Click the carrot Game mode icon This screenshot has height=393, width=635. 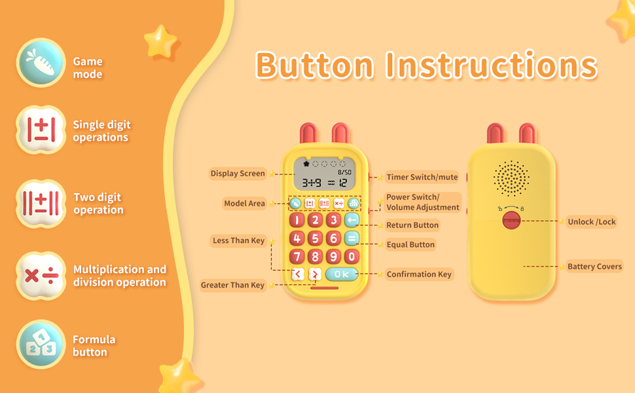pos(41,63)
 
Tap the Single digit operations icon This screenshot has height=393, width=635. pos(41,130)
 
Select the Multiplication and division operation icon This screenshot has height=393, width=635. pos(41,276)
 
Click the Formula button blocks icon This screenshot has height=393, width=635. pos(41,345)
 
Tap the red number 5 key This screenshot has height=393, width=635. pos(315,238)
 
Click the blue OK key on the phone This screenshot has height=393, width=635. pos(341,274)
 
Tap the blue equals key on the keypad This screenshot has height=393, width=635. pos(352,238)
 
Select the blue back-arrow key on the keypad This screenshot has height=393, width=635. pos(352,220)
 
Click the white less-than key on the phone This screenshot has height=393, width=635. pos(298,274)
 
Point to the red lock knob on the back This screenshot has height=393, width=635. pos(511,220)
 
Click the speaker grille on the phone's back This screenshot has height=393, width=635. pos(511,178)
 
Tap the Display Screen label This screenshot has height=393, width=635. pos(238,174)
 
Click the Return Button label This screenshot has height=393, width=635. pos(412,225)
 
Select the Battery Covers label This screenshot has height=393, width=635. pos(594,267)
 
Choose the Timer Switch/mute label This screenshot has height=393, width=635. pos(422,177)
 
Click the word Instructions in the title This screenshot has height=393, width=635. pos(491,65)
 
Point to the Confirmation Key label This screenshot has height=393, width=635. pos(419,274)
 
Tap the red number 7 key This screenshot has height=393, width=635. pos(297,257)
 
